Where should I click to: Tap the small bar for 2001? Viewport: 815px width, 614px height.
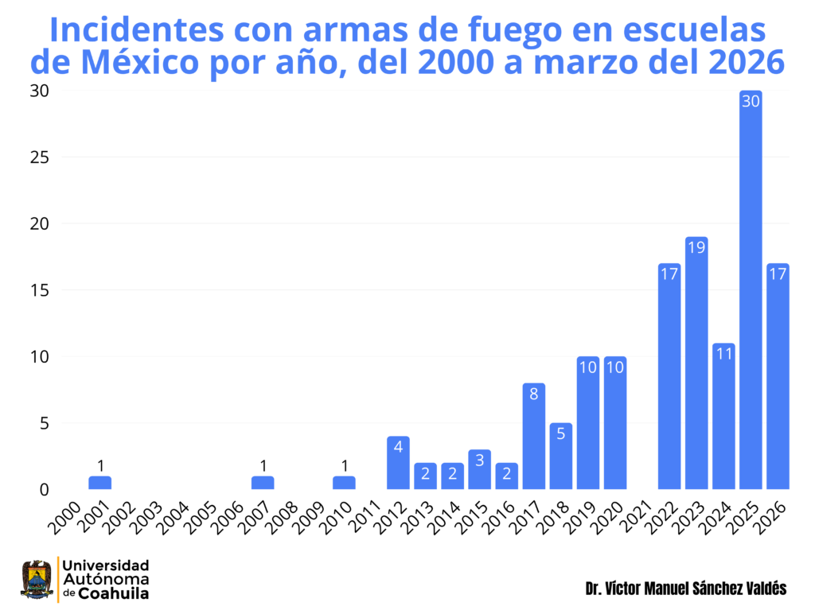coord(100,483)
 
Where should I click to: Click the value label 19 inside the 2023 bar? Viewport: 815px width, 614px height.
coord(696,247)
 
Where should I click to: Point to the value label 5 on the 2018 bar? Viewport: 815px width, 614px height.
coord(561,433)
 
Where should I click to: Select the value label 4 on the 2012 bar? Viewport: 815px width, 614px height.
coord(398,447)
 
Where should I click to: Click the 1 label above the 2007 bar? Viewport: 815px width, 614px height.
coord(263,465)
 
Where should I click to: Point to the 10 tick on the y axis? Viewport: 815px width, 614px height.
coord(38,356)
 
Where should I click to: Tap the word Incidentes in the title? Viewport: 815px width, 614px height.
coord(136,30)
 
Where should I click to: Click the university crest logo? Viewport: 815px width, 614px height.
coord(37,579)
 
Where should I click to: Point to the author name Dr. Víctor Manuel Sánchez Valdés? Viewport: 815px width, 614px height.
coord(685,589)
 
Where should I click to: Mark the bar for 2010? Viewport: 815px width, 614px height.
coord(344,483)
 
